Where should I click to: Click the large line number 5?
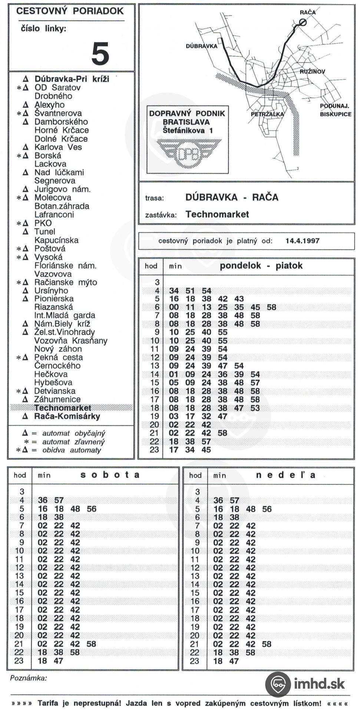coord(100,53)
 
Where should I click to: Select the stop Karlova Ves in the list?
coord(58,147)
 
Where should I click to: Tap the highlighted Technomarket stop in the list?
coord(63,408)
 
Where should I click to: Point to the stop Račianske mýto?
coord(66,283)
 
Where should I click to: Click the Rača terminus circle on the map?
coord(303,22)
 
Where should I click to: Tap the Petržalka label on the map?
coord(267,114)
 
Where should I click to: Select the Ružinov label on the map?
coord(312,72)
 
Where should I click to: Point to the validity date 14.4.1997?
coord(302,241)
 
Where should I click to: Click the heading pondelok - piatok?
coord(261,266)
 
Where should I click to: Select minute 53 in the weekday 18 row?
coord(255,408)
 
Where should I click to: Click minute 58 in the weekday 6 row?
coord(271,307)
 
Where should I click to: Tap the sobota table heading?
coord(110,475)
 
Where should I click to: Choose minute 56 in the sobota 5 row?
coord(92,509)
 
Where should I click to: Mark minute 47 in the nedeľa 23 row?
coord(234,661)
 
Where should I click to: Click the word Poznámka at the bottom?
coord(29,678)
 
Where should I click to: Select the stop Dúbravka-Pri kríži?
coord(72,79)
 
